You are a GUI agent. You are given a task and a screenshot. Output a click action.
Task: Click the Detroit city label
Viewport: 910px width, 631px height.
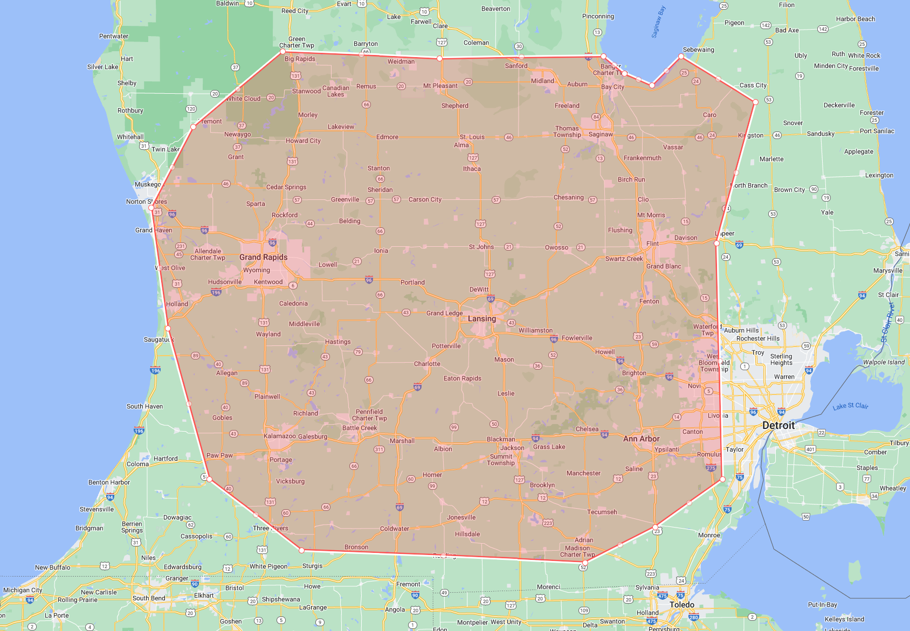point(778,425)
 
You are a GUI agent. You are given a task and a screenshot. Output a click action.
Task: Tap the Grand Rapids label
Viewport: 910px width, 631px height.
point(263,257)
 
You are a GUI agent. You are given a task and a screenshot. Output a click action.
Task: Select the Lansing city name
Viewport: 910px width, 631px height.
point(481,318)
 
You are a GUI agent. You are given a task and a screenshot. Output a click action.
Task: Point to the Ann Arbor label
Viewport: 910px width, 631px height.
point(641,439)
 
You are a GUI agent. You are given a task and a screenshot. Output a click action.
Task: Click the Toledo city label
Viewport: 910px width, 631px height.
point(681,605)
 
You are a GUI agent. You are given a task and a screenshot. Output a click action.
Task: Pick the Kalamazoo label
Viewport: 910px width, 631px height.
point(279,436)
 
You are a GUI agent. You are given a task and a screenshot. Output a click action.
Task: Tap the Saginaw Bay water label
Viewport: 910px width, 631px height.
point(658,22)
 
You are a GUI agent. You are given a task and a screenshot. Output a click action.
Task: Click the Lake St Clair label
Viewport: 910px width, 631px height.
point(850,406)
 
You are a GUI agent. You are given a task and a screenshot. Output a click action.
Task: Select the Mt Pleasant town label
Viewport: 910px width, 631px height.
point(440,86)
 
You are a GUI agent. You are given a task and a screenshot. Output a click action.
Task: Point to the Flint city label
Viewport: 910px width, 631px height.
point(652,244)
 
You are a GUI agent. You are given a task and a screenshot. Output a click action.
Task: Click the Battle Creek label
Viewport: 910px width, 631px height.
point(360,428)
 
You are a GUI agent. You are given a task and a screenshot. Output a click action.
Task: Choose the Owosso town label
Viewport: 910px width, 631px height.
point(556,247)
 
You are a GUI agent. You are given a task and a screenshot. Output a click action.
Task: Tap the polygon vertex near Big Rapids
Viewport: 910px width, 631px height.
point(282,52)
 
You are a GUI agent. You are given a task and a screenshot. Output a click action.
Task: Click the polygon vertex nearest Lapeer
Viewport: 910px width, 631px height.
point(716,244)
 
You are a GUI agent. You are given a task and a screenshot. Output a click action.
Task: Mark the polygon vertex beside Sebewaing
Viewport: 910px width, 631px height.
point(681,56)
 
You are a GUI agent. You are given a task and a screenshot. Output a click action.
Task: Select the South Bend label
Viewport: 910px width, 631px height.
point(148,598)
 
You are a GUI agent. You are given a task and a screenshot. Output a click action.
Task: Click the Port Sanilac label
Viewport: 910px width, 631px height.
point(877,131)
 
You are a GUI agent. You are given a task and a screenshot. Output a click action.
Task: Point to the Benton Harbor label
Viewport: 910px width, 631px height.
point(109,482)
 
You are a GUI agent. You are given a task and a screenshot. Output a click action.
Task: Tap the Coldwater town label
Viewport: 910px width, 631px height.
point(394,529)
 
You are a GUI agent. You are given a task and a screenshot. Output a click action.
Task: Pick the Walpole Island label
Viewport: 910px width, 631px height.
point(884,362)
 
